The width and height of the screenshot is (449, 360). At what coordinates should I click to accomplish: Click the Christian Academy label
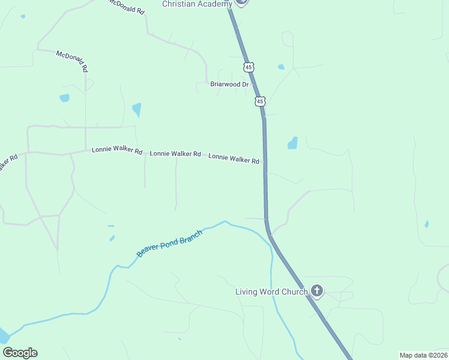point(197,4)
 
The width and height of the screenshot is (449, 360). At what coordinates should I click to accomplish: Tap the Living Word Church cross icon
point(317,292)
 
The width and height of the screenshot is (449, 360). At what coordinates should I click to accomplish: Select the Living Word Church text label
point(271,292)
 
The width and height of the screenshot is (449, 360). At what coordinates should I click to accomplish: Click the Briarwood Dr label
point(229,85)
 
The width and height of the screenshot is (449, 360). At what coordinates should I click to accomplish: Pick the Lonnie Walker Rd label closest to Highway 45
point(234,159)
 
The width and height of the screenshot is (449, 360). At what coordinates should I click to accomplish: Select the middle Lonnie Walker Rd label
point(175,154)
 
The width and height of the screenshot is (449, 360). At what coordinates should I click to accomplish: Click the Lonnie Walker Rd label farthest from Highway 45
point(116,149)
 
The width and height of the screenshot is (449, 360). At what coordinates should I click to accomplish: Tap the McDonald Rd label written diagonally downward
point(72,61)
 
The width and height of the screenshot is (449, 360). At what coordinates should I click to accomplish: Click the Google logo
point(20,353)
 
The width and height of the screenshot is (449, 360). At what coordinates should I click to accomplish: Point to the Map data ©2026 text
point(423,355)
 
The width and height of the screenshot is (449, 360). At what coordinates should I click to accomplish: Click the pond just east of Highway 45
point(292,143)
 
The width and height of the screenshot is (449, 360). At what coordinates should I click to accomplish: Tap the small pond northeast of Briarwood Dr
point(281,67)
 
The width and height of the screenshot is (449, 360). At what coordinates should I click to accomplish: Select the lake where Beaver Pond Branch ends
point(3,336)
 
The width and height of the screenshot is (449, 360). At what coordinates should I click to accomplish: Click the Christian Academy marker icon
point(241,2)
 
